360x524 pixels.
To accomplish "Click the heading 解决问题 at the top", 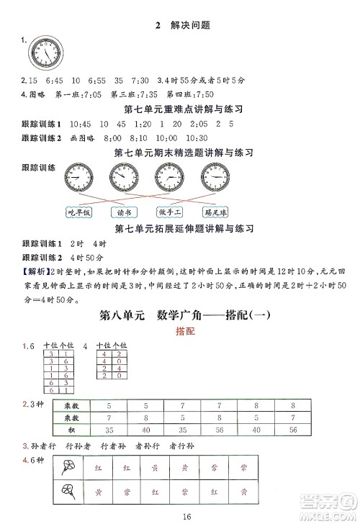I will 186,27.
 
